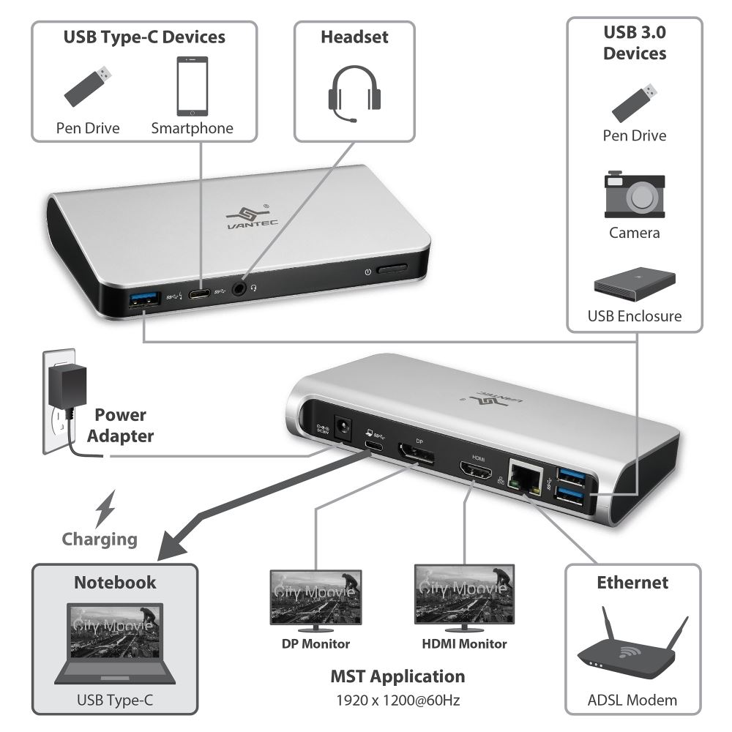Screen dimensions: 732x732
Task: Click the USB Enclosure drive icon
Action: click(x=634, y=287)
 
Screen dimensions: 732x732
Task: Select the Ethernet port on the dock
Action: click(x=523, y=479)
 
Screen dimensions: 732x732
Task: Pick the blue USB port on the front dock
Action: click(x=143, y=299)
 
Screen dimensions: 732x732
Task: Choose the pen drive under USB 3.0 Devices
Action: click(x=634, y=102)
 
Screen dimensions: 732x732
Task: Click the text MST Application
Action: click(x=397, y=676)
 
